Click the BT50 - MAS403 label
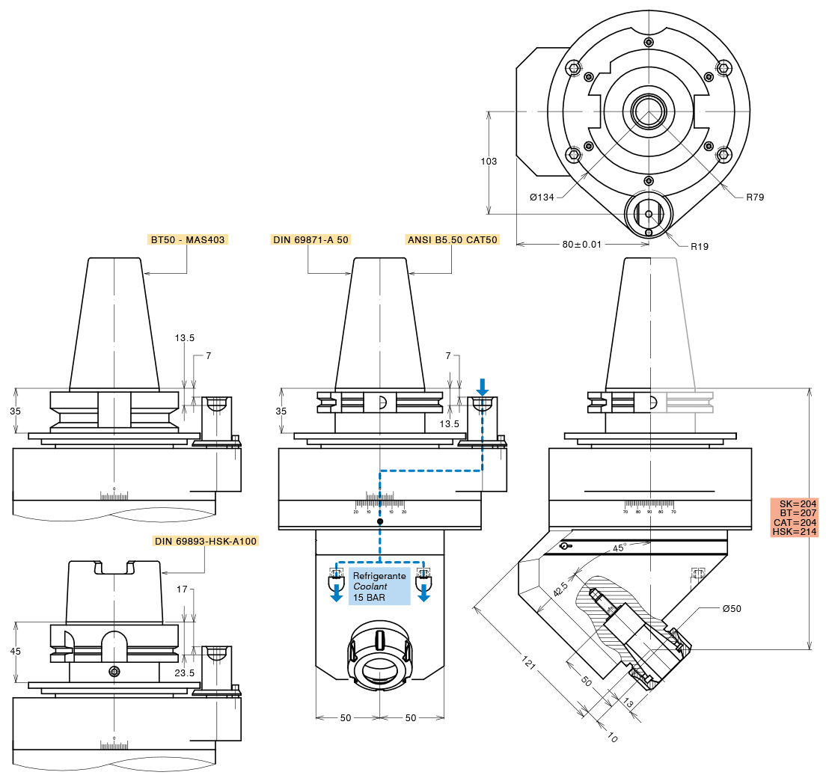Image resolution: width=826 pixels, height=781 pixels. click(187, 240)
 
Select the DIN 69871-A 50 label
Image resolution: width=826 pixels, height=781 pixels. click(310, 240)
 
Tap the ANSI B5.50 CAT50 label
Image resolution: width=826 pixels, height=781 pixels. click(451, 240)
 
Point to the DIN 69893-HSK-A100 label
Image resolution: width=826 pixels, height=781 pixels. click(205, 540)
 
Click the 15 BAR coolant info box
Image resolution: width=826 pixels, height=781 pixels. click(379, 587)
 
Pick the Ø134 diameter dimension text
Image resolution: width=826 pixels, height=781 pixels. click(542, 197)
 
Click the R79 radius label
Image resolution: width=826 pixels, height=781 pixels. click(755, 197)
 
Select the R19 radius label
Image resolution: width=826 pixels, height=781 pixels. click(700, 246)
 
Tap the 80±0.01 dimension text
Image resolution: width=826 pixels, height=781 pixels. click(582, 244)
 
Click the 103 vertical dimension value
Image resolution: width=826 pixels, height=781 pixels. click(489, 162)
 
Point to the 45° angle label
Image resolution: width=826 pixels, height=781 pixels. click(619, 548)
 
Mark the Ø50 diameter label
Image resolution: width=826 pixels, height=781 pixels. click(732, 608)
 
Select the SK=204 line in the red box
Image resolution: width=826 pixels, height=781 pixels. click(795, 503)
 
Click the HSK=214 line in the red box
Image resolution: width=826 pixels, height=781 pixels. click(795, 532)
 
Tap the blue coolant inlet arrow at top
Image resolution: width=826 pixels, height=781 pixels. click(483, 387)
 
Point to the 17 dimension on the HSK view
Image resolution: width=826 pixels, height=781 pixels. click(183, 589)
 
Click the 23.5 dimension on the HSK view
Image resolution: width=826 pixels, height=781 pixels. click(184, 673)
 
